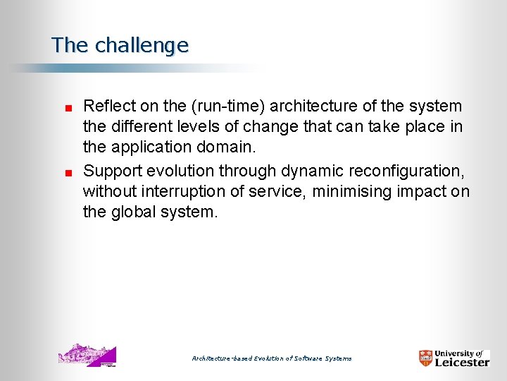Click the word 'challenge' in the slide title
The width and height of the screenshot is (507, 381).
[142, 46]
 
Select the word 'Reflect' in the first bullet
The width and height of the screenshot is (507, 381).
[106, 107]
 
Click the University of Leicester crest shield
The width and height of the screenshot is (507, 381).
[426, 358]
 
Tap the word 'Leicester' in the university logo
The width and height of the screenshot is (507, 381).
[462, 362]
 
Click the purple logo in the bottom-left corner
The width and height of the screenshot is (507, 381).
[87, 356]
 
